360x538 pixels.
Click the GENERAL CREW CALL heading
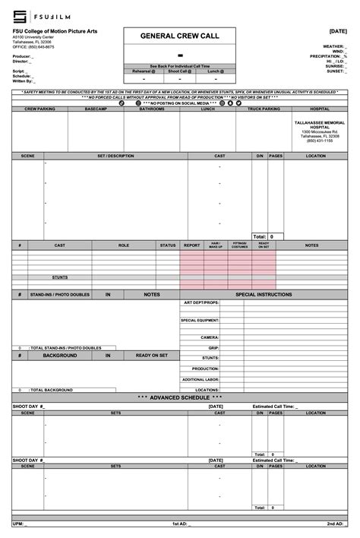tap(180, 36)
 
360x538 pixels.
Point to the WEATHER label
tap(331, 46)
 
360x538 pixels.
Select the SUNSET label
tap(335, 71)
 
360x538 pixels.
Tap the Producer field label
tap(22, 56)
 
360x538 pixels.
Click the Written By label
tap(23, 81)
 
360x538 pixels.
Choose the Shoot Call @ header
tap(180, 71)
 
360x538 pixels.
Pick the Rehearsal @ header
tap(144, 71)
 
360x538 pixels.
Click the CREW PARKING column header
tap(39, 109)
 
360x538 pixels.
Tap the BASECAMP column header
tap(96, 109)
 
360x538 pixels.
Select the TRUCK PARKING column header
tap(264, 109)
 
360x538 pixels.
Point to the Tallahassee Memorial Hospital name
tap(315, 125)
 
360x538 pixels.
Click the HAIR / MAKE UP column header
tap(216, 246)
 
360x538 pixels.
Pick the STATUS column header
tap(168, 245)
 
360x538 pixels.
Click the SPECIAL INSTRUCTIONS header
tap(264, 294)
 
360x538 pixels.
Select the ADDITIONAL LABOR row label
tap(201, 379)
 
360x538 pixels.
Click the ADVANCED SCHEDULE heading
tap(180, 397)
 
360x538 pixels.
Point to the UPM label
tap(18, 524)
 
